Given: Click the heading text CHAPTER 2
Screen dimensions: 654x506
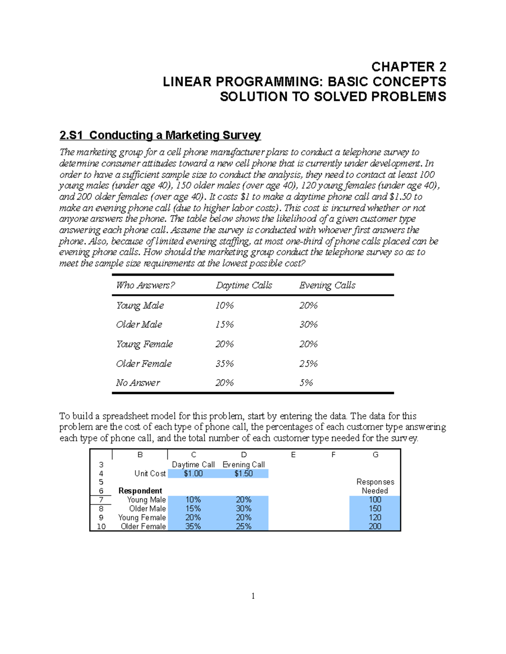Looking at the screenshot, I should pyautogui.click(x=408, y=67).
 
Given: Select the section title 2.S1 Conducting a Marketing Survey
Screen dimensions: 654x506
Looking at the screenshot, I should pyautogui.click(x=160, y=135).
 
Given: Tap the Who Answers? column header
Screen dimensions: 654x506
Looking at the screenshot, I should pyautogui.click(x=145, y=286).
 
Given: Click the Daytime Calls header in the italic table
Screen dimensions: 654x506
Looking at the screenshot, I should pyautogui.click(x=244, y=286).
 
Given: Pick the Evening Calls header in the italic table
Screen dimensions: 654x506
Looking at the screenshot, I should pyautogui.click(x=327, y=286).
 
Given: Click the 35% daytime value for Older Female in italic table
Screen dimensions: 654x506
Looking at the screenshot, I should pyautogui.click(x=224, y=363).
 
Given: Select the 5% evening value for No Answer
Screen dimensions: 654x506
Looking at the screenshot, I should pyautogui.click(x=306, y=383).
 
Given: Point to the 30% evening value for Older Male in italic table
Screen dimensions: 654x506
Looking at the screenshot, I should pyautogui.click(x=308, y=325).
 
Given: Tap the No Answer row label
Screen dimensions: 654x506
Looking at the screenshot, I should pyautogui.click(x=138, y=383).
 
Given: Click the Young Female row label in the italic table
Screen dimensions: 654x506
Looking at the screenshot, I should pyautogui.click(x=144, y=344).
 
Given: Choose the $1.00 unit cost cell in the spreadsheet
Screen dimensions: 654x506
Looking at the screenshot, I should pyautogui.click(x=193, y=474).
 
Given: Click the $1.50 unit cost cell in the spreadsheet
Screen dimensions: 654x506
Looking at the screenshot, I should pyautogui.click(x=243, y=474).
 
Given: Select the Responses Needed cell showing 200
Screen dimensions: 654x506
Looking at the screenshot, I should pyautogui.click(x=374, y=526).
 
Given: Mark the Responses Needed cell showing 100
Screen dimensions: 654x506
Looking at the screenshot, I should pyautogui.click(x=374, y=500).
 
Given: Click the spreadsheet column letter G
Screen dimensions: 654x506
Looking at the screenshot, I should pyautogui.click(x=375, y=455).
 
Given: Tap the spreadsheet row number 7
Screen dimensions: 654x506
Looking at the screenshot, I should pyautogui.click(x=101, y=500).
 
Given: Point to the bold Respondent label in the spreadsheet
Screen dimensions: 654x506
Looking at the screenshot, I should pyautogui.click(x=140, y=491).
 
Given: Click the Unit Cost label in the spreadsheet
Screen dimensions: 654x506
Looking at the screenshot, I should pyautogui.click(x=150, y=474).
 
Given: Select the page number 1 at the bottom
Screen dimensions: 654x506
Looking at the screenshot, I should pyautogui.click(x=253, y=596).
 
